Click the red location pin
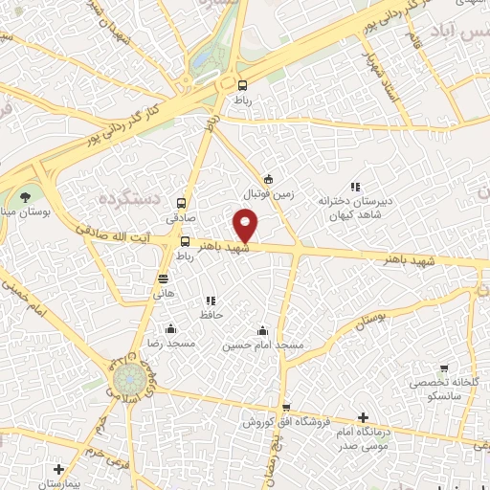coord(247,226)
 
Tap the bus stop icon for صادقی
coord(181,203)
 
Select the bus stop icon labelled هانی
coord(164,278)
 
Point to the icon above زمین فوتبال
coord(268,178)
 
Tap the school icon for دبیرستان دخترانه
coord(354,187)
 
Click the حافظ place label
coord(211,314)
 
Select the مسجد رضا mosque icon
coord(171,328)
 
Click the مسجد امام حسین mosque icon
coord(264,330)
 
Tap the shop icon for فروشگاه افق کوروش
coord(286,408)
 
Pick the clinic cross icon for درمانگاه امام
coord(363,417)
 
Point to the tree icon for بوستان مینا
coord(25,196)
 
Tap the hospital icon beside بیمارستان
coord(59,470)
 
